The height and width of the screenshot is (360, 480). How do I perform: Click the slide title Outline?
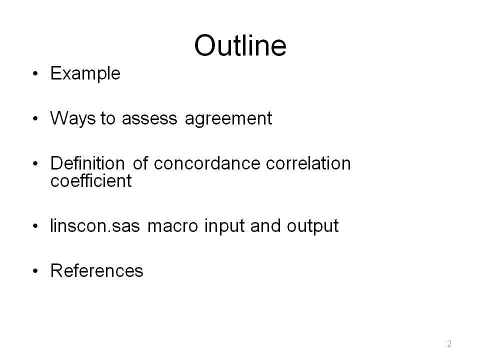240,45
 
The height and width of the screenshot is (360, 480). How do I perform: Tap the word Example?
85,74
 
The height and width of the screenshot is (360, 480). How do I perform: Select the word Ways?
73,118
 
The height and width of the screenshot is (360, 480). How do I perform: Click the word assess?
149,119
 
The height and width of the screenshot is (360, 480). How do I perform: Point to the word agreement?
228,119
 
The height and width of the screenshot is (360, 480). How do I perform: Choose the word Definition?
87,163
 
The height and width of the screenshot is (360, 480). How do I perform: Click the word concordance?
207,163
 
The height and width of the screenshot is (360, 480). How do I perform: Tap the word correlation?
308,163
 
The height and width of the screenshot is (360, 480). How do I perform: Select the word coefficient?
91,180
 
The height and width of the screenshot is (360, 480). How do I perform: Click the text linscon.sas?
95,226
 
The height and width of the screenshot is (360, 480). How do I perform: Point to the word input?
224,226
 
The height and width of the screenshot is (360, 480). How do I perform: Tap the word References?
96,271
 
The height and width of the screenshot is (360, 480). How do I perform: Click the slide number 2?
449,343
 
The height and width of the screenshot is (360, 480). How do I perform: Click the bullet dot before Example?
35,74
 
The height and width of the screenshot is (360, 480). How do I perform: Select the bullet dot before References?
35,271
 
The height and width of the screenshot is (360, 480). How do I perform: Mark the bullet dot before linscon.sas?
35,226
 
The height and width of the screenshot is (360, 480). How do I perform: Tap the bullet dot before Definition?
35,163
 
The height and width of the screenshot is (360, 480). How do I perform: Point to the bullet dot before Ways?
35,119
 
